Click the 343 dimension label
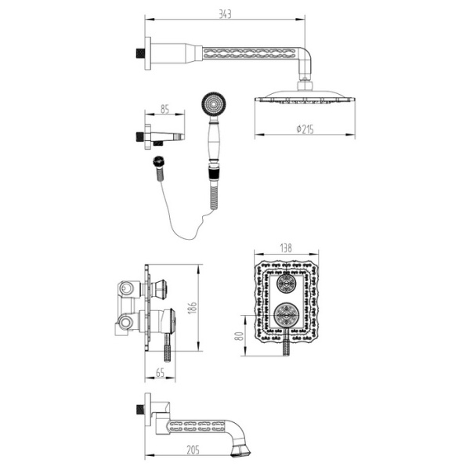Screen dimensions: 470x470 tap(226, 13)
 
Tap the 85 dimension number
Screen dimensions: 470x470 tap(165, 110)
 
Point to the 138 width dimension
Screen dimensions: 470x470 tap(286, 248)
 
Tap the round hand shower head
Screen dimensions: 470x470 tap(211, 102)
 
